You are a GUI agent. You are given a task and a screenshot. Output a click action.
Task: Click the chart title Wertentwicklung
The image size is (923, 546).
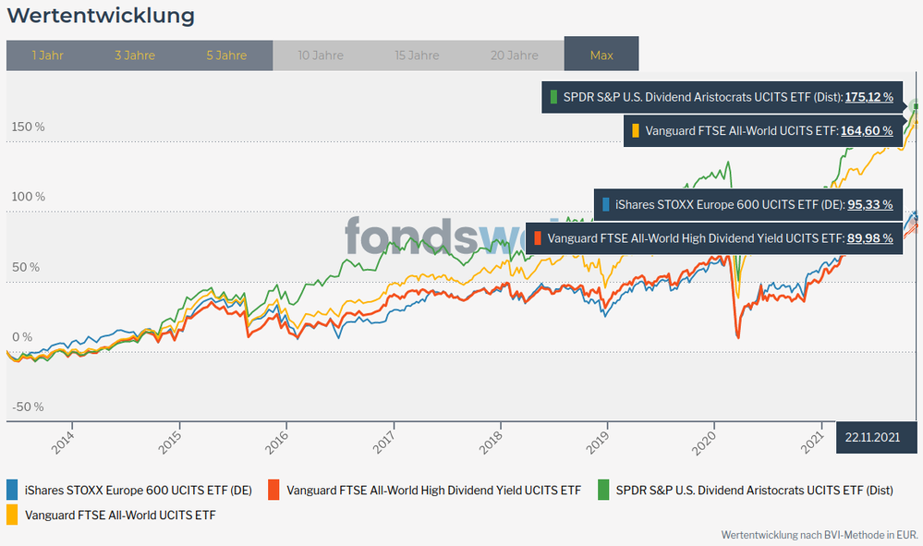[101, 17]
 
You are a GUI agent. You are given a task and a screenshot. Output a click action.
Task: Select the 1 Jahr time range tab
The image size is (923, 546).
[47, 55]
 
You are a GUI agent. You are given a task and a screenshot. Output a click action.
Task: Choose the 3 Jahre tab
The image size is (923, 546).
[135, 55]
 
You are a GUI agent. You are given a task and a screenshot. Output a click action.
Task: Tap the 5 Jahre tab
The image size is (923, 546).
[226, 55]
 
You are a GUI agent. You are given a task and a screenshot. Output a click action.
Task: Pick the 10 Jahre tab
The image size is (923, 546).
[321, 55]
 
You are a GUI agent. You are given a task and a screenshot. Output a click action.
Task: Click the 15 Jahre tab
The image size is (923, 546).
[417, 55]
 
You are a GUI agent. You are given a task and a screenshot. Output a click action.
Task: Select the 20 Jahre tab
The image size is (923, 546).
[515, 55]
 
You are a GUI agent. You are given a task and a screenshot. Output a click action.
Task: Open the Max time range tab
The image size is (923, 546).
[601, 55]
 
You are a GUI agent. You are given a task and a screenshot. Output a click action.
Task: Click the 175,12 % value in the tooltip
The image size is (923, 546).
[869, 97]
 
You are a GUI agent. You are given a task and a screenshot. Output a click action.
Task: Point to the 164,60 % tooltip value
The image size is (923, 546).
[867, 131]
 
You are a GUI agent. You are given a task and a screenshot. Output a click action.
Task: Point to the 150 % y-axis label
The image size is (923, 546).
[27, 127]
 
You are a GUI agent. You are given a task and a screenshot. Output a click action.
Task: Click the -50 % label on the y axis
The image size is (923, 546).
[27, 407]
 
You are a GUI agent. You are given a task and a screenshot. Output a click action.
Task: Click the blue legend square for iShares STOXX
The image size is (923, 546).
[13, 490]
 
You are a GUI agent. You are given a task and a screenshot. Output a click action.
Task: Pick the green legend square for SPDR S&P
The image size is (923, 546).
[604, 490]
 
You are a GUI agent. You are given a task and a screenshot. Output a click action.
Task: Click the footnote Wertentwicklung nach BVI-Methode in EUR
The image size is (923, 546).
[818, 535]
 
